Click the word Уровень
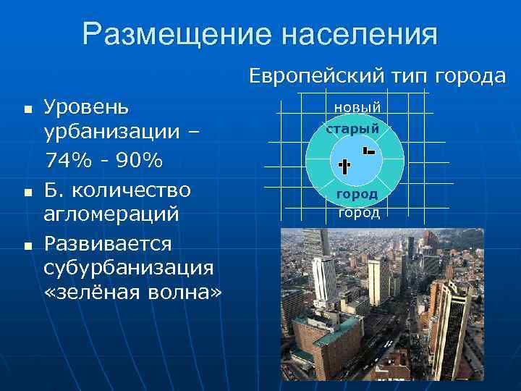pos(86,107)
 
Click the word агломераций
pos(111,215)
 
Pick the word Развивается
pos(107,242)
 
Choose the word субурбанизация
pos(128,267)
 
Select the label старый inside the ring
pos(352,129)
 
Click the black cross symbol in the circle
pos(344,166)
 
